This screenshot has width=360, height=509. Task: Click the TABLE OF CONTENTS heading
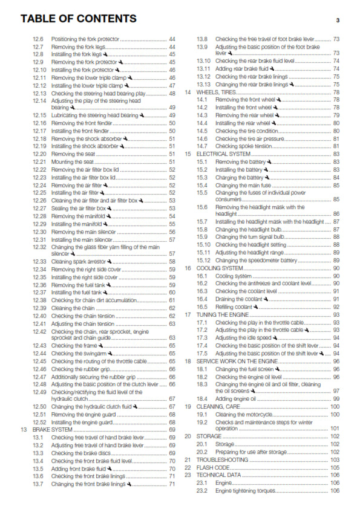coord(79,19)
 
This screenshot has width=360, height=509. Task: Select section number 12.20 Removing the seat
coord(39,154)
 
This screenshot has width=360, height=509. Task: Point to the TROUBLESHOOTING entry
coord(221,459)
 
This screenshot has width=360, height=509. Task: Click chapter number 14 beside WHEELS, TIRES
coord(188,92)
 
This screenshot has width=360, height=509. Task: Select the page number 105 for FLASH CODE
coord(335,467)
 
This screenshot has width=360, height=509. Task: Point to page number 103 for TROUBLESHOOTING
coord(335,459)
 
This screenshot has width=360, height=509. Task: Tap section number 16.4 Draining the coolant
coord(203,299)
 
